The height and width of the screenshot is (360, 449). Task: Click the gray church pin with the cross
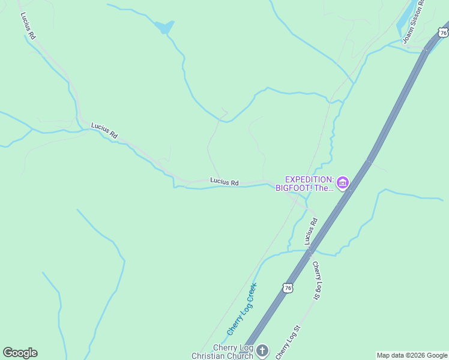coord(262,350)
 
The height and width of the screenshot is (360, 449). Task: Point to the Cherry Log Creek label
coord(243,308)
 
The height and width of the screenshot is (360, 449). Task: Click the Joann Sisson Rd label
coord(414,22)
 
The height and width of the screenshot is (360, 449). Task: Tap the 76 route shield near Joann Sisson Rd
coord(443,32)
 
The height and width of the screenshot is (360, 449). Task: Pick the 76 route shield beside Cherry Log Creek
coord(289,288)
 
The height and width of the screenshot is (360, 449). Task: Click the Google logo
coord(20,353)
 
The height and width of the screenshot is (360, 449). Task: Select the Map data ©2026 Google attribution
coord(412,355)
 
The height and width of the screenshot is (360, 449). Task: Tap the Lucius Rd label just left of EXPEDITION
coord(224,182)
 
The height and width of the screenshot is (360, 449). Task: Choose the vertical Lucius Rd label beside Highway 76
coord(310,231)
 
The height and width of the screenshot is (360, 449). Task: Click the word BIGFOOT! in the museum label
coord(295,187)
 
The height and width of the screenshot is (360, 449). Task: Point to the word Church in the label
coord(239,356)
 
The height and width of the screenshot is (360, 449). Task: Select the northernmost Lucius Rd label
coord(28,26)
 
